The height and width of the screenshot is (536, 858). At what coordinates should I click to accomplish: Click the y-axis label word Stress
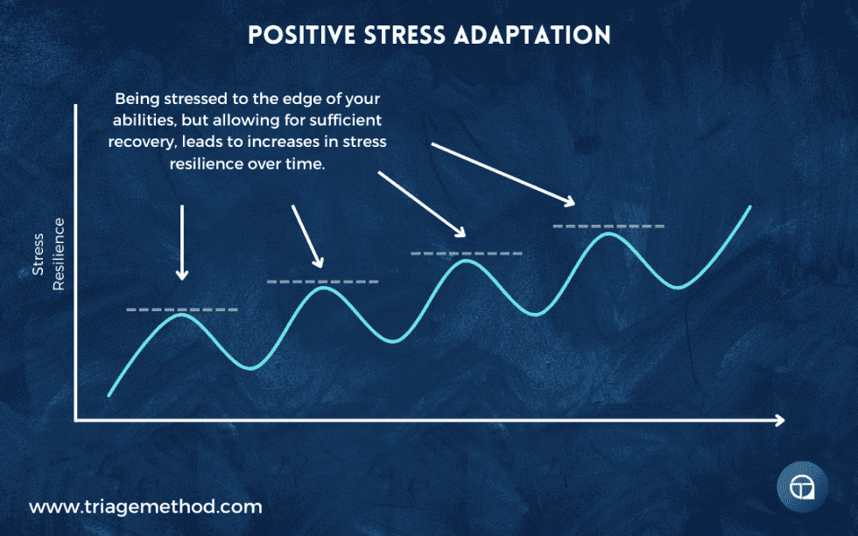[39, 254]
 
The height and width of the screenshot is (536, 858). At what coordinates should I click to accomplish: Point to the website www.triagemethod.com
[145, 506]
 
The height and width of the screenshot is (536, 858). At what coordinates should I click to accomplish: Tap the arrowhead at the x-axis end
[778, 421]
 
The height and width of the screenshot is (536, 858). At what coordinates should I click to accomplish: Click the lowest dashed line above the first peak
[182, 310]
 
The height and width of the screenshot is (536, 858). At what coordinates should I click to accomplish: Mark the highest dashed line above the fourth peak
[608, 226]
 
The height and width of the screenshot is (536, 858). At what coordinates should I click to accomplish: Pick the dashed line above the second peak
[323, 282]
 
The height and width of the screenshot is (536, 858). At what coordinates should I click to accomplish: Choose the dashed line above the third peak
[467, 254]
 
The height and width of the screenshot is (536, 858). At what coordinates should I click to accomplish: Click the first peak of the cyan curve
[182, 315]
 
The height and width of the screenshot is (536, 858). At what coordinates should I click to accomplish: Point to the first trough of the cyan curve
[250, 366]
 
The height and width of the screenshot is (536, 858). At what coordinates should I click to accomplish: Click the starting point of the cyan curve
[109, 395]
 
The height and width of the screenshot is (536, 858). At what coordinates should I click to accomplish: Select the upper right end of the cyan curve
[750, 207]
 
